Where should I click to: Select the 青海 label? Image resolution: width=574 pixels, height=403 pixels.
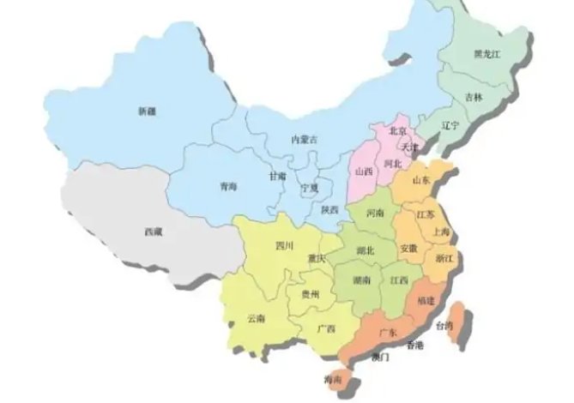[x=229, y=185]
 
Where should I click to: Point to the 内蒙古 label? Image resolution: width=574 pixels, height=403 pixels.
[x=305, y=139]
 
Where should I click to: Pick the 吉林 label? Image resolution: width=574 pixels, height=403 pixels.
[x=474, y=98]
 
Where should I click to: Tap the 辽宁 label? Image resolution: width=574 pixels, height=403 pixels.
[x=450, y=125]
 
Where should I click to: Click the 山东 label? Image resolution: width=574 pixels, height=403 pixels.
[x=421, y=180]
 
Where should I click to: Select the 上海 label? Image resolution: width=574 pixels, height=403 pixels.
[x=443, y=232]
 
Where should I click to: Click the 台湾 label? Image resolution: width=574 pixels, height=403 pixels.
[x=444, y=326]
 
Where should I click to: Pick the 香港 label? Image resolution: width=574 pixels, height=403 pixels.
[x=414, y=346]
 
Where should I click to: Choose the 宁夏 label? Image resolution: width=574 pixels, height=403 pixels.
[x=309, y=187]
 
